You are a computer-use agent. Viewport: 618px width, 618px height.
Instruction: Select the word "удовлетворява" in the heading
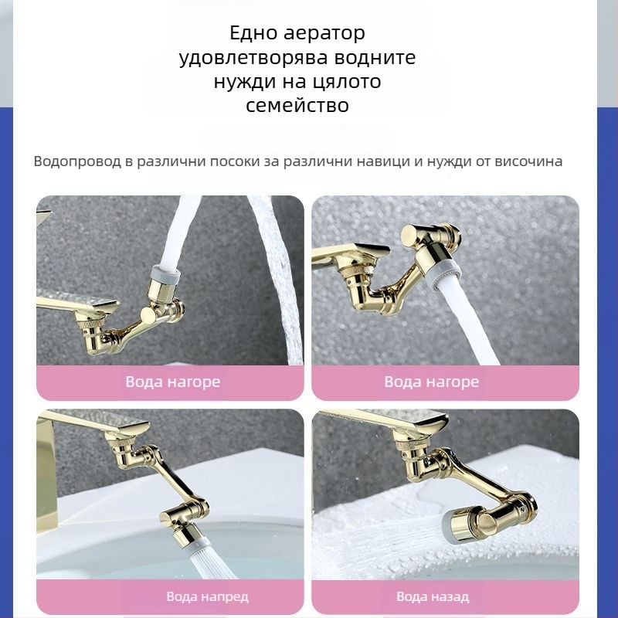pos(253,58)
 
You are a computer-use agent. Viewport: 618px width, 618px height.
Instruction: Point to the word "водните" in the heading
pos(375,57)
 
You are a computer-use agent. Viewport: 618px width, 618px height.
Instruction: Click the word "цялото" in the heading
pos(346,82)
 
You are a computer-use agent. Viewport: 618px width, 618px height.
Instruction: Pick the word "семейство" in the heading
pos(297,106)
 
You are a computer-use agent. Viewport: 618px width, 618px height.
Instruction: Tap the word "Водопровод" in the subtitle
pos(77,161)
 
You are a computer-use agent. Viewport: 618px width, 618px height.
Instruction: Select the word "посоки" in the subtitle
pos(234,161)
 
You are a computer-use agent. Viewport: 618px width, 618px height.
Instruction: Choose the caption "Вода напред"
pos(207,596)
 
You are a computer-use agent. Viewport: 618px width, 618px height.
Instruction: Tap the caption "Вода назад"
pos(433,596)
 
